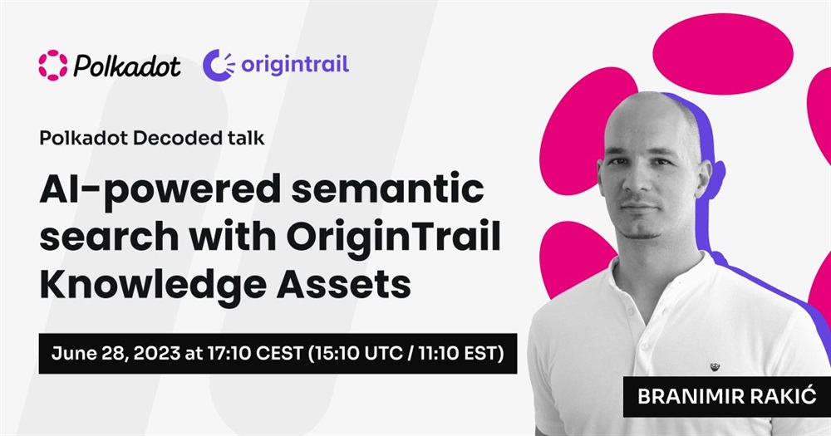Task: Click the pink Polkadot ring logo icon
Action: [x=53, y=65]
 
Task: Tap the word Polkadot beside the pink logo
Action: [x=127, y=66]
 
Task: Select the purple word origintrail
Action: [x=295, y=65]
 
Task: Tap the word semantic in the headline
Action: [x=387, y=189]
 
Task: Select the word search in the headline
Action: [x=109, y=237]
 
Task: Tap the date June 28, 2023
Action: [x=116, y=353]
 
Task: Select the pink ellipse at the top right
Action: [x=723, y=54]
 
